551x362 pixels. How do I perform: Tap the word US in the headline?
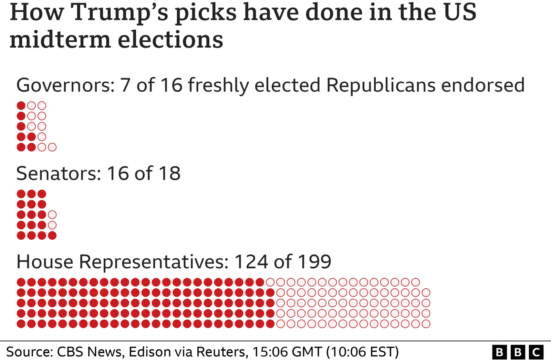point(460,12)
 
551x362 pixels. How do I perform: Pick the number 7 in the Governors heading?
point(125,85)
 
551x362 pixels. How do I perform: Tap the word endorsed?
point(483,85)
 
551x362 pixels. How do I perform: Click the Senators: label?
point(59,173)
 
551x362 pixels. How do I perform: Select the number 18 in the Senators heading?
point(169,173)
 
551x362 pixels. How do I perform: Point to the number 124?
point(251,262)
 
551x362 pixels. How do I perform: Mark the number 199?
point(314,262)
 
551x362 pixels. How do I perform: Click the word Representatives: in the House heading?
point(154,262)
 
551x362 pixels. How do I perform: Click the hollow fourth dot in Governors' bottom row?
point(52,147)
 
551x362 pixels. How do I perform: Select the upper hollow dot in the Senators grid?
point(52,215)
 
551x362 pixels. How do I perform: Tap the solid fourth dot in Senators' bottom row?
point(52,236)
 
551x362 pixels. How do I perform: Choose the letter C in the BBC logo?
point(536,352)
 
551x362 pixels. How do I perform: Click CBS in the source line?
point(70,352)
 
